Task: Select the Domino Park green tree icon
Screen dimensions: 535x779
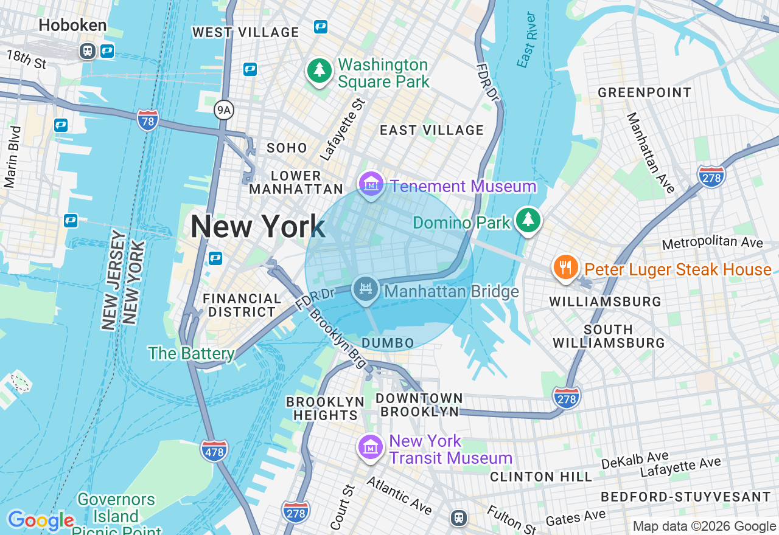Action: (x=528, y=220)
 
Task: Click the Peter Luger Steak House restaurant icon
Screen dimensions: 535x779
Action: (x=566, y=267)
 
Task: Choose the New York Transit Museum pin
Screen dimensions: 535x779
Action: (x=370, y=448)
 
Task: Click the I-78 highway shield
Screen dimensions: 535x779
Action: (x=148, y=120)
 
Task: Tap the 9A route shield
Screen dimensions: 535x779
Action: (x=224, y=110)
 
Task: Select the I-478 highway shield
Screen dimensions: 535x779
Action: (x=214, y=450)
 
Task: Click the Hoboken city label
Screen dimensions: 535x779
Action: (x=72, y=26)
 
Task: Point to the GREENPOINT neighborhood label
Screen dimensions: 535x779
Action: (x=645, y=92)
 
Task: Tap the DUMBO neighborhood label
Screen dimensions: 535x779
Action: (x=388, y=343)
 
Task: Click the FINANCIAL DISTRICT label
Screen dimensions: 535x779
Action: (x=242, y=305)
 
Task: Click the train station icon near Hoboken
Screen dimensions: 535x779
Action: (x=88, y=51)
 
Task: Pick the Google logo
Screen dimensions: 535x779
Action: (x=41, y=521)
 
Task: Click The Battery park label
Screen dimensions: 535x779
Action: (x=191, y=353)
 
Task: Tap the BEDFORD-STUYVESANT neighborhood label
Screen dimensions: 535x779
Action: (x=686, y=497)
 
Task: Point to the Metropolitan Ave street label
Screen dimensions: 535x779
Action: (x=712, y=243)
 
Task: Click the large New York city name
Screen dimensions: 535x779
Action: (x=257, y=227)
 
